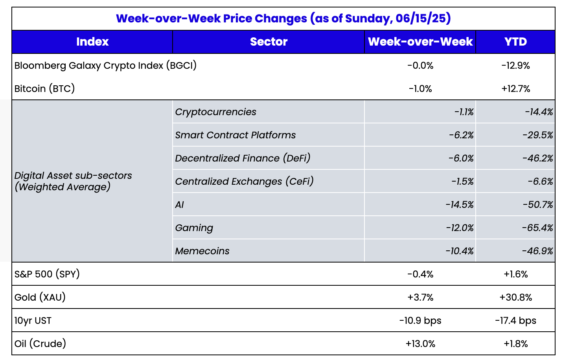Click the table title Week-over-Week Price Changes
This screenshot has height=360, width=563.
(x=283, y=18)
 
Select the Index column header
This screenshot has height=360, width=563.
(x=92, y=42)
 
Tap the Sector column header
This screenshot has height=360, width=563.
(x=269, y=42)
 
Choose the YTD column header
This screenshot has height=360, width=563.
(x=515, y=42)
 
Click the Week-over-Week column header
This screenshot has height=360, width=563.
(x=420, y=42)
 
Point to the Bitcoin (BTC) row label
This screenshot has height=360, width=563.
(x=44, y=88)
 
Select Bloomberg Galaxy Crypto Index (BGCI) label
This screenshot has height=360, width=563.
(x=105, y=65)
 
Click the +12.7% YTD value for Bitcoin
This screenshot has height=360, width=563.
(x=515, y=88)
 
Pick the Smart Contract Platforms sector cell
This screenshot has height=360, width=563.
(x=235, y=135)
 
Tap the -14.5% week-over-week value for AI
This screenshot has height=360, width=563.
(x=459, y=204)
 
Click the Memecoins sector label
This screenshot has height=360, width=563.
(x=202, y=251)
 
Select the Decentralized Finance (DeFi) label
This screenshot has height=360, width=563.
(x=243, y=158)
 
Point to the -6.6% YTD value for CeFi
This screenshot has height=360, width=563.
(x=540, y=181)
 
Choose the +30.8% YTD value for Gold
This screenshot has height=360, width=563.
(x=515, y=297)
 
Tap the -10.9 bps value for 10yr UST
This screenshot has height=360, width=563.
(x=420, y=320)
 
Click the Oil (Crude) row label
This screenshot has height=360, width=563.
(x=40, y=343)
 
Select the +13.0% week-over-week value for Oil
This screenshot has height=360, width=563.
(x=420, y=343)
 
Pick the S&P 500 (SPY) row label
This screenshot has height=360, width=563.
(x=47, y=274)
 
